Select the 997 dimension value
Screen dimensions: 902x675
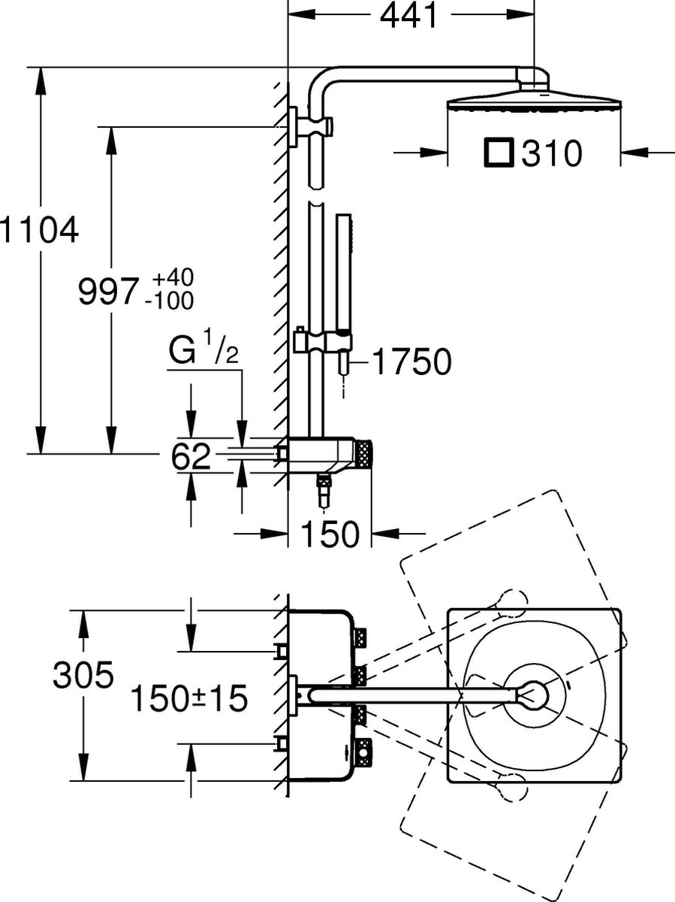click(x=109, y=292)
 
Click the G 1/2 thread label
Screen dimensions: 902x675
click(x=203, y=353)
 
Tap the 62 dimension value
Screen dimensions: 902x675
click(x=191, y=456)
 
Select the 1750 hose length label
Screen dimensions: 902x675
click(x=412, y=362)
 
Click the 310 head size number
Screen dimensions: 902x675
click(x=552, y=154)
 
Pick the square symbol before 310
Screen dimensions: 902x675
click(x=499, y=153)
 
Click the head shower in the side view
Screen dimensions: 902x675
click(x=533, y=101)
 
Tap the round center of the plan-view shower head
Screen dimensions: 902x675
click(x=535, y=695)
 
